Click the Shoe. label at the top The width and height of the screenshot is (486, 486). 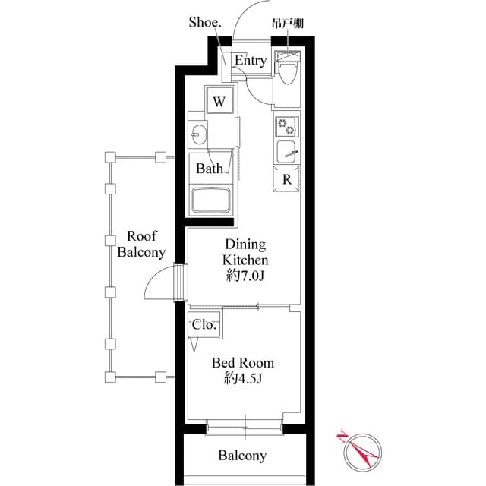pyautogui.click(x=205, y=22)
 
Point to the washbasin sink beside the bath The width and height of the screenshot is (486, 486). pyautogui.click(x=197, y=135)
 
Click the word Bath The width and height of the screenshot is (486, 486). pyautogui.click(x=210, y=169)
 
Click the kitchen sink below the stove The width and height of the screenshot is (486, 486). pyautogui.click(x=288, y=150)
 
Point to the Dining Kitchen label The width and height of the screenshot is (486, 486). pyautogui.click(x=244, y=252)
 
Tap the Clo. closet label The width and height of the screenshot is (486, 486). pyautogui.click(x=204, y=324)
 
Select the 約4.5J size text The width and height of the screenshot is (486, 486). pyautogui.click(x=243, y=378)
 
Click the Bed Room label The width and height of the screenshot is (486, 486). pyautogui.click(x=243, y=363)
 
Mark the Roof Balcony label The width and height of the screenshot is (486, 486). pyautogui.click(x=141, y=244)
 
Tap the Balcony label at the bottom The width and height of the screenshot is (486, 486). pyautogui.click(x=243, y=456)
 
